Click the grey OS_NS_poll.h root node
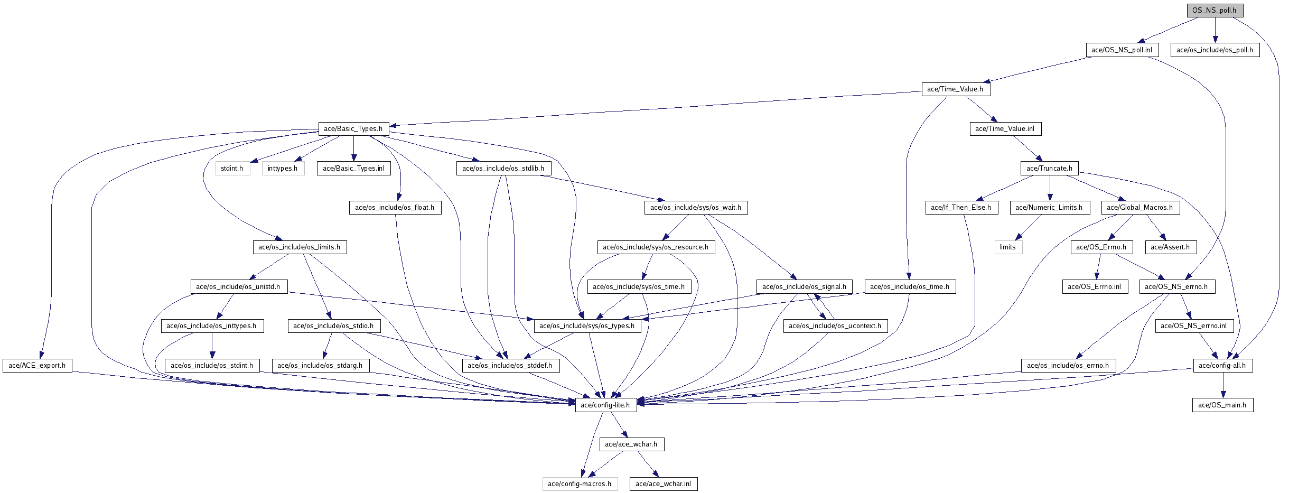click(1214, 10)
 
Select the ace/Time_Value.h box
click(955, 89)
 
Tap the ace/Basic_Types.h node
click(353, 128)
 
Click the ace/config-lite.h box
click(605, 405)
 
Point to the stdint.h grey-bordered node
click(232, 168)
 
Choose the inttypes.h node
click(283, 168)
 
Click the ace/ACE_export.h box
click(37, 365)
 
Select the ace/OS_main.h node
click(1222, 405)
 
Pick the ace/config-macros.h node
click(580, 483)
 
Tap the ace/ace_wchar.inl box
click(663, 483)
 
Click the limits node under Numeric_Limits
click(1008, 247)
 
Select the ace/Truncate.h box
click(1049, 168)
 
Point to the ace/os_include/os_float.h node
click(395, 207)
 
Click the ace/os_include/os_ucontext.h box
click(835, 325)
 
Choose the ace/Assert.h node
click(1170, 247)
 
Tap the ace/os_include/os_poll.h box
click(1215, 50)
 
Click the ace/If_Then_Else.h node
click(961, 207)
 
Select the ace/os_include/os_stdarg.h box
click(320, 365)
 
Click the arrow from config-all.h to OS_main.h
click(1222, 385)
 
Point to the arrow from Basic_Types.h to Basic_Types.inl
click(353, 148)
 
